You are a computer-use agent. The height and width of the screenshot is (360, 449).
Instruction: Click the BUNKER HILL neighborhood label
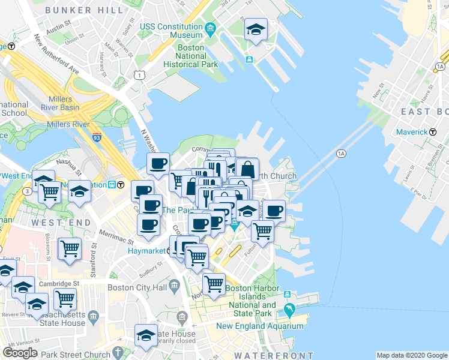click(x=76, y=10)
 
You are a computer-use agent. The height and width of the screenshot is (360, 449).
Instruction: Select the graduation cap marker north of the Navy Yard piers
click(x=256, y=29)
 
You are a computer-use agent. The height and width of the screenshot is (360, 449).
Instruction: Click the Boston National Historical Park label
click(x=185, y=56)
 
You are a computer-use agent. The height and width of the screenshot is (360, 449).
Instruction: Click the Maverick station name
click(x=412, y=131)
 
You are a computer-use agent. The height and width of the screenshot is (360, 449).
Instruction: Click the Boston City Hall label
click(x=137, y=287)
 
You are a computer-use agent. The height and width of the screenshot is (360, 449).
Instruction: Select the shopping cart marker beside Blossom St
click(x=70, y=247)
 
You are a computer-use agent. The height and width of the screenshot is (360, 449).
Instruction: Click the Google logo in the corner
click(x=20, y=352)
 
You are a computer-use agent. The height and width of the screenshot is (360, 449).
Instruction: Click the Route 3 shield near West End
click(x=28, y=191)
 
